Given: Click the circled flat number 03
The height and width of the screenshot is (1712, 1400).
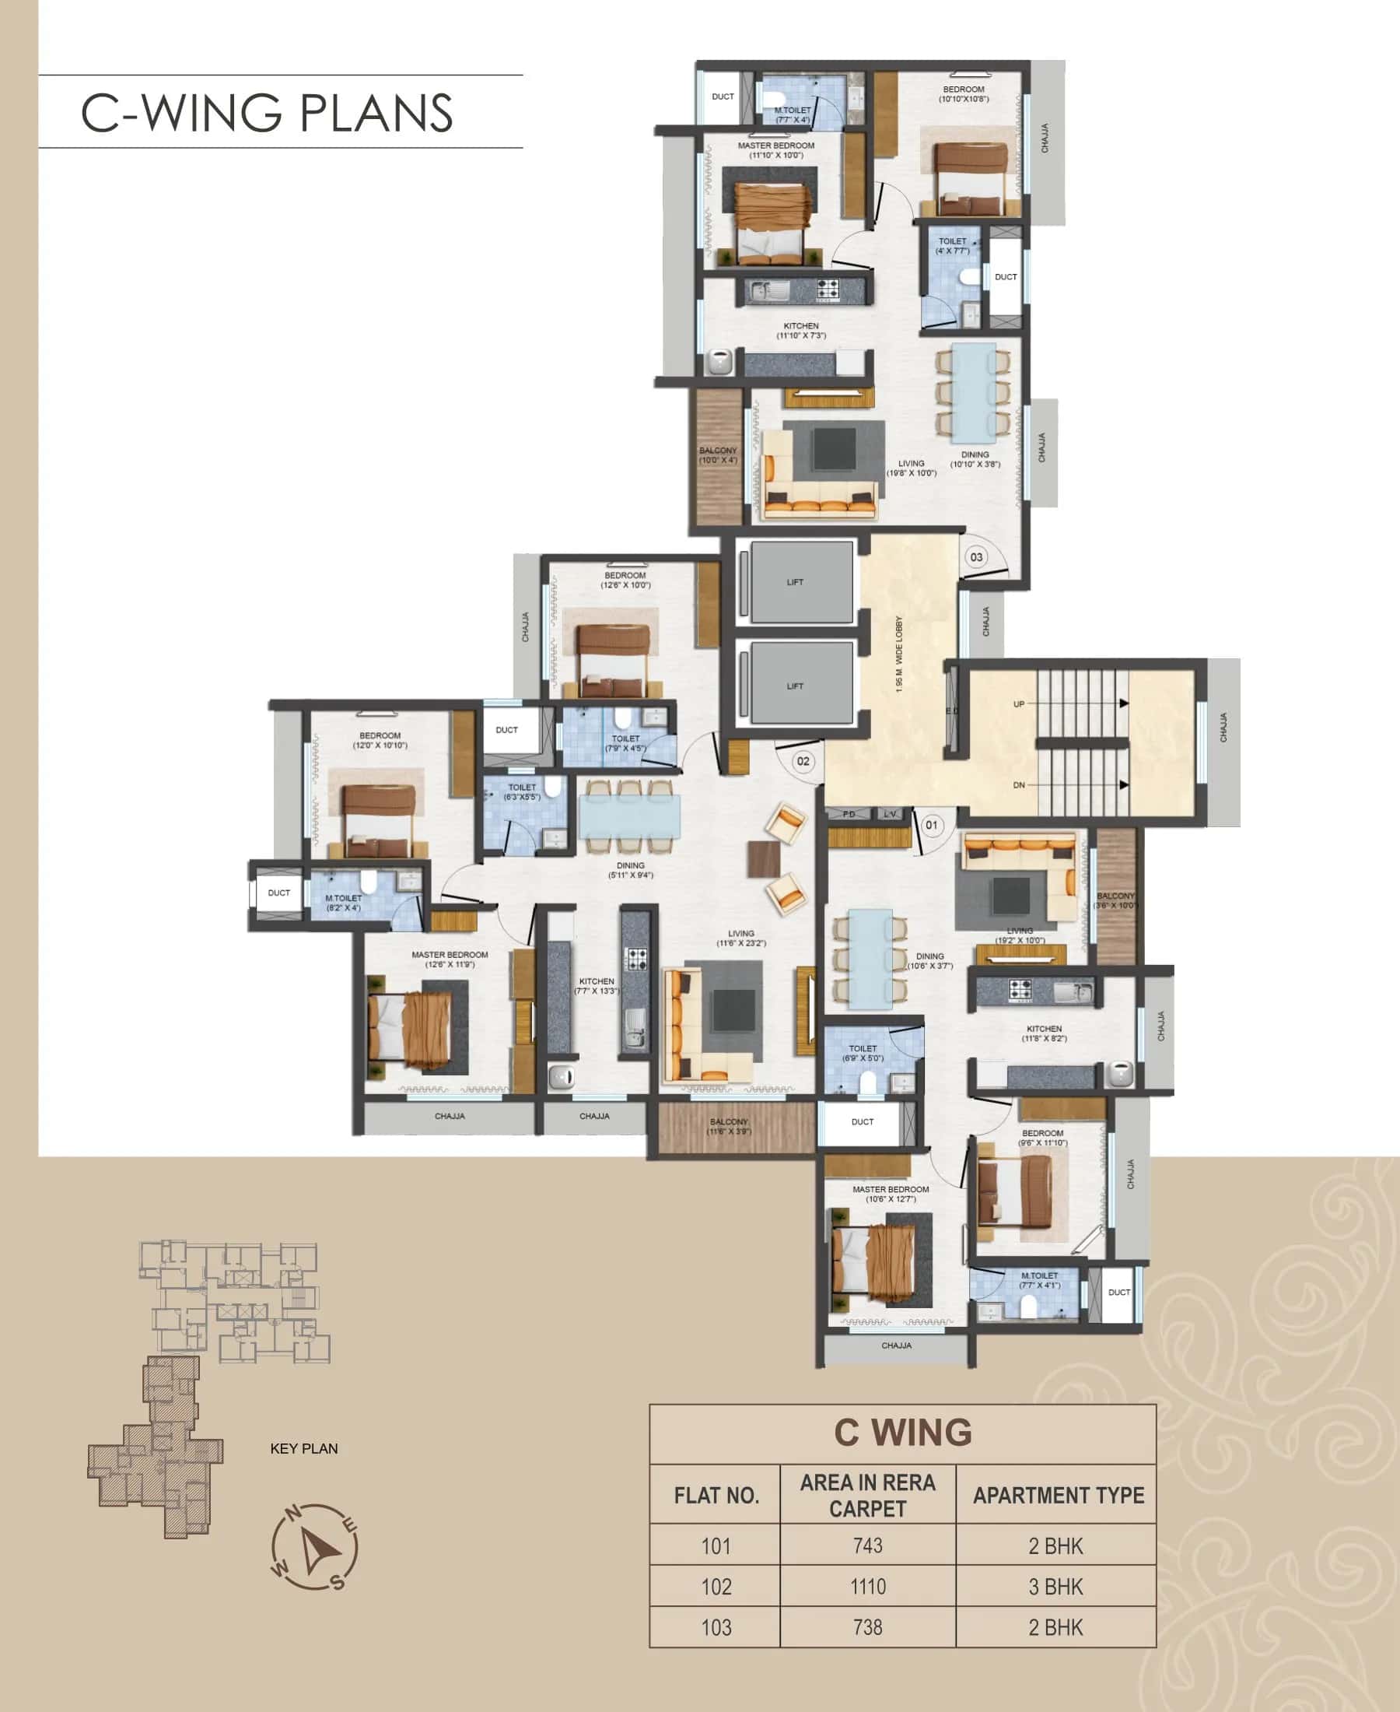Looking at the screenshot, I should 976,556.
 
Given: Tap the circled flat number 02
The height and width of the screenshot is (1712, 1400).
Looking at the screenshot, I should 803,761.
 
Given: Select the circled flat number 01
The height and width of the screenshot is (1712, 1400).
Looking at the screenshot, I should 932,825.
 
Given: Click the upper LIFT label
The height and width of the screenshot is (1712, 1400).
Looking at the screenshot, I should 794,582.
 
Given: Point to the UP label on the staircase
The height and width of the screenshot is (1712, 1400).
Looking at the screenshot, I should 1019,703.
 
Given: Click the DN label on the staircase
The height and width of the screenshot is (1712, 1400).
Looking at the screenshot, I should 1019,785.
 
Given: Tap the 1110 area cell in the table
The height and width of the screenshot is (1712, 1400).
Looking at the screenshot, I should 867,1586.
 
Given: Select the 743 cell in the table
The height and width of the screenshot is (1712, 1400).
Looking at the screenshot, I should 867,1545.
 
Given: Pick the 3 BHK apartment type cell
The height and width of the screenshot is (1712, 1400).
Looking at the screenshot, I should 1055,1586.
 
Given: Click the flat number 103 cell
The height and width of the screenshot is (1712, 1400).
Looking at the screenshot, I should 716,1627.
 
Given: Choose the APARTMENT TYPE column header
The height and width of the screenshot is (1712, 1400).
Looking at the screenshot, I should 1057,1495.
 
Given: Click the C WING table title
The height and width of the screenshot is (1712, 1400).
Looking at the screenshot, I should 902,1433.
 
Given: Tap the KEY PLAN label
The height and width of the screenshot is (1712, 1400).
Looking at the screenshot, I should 303,1448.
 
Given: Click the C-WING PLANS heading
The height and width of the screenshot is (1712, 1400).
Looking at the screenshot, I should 266,112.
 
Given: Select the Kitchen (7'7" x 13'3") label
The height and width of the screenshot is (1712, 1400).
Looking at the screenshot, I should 596,986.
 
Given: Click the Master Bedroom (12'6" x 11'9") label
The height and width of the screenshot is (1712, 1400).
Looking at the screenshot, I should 450,959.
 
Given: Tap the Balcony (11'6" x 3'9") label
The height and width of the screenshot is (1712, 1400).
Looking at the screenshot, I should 728,1126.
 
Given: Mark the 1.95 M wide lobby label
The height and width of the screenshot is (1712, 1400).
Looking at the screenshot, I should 898,654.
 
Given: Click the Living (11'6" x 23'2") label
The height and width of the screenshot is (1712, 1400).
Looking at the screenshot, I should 740,938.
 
